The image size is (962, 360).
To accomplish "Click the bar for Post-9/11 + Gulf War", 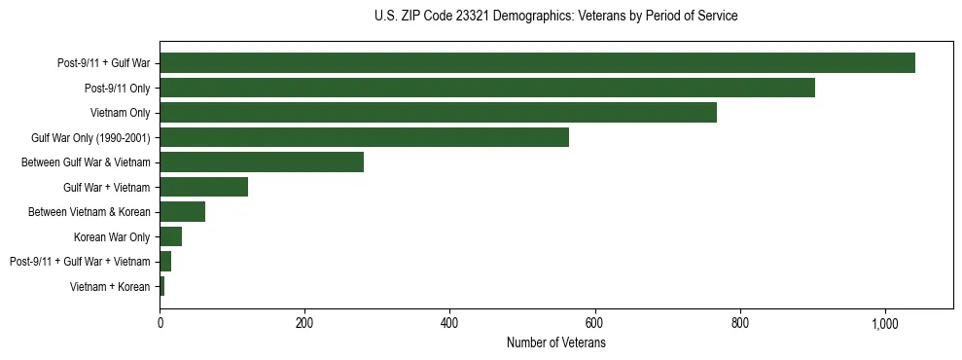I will (x=537, y=63).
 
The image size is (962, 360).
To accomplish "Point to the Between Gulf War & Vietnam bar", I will (x=262, y=162).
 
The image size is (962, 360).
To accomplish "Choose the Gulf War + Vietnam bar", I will (x=203, y=187).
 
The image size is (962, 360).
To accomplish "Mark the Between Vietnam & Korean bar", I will (x=182, y=212).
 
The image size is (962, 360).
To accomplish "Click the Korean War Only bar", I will (x=170, y=236).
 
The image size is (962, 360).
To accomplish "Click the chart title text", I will (x=555, y=17).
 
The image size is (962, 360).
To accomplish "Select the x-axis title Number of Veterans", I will (x=555, y=342).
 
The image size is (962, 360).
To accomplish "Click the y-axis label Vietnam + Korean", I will (x=110, y=287).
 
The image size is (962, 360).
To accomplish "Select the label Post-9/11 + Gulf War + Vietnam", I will (x=80, y=262).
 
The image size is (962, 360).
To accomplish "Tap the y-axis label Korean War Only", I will (x=111, y=237).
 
